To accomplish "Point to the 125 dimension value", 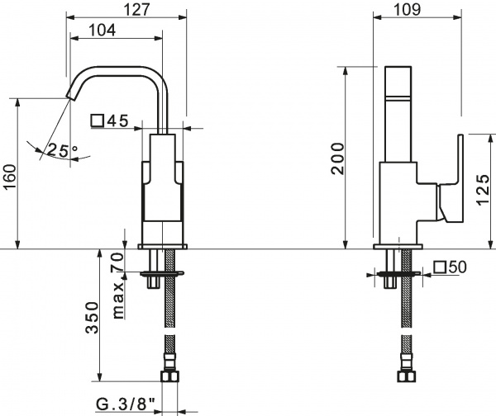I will pyautogui.click(x=480, y=192).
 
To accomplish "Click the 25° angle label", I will pyautogui.click(x=61, y=150).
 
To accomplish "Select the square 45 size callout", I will pyautogui.click(x=110, y=121).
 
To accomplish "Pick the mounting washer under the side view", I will pyautogui.click(x=402, y=273).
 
